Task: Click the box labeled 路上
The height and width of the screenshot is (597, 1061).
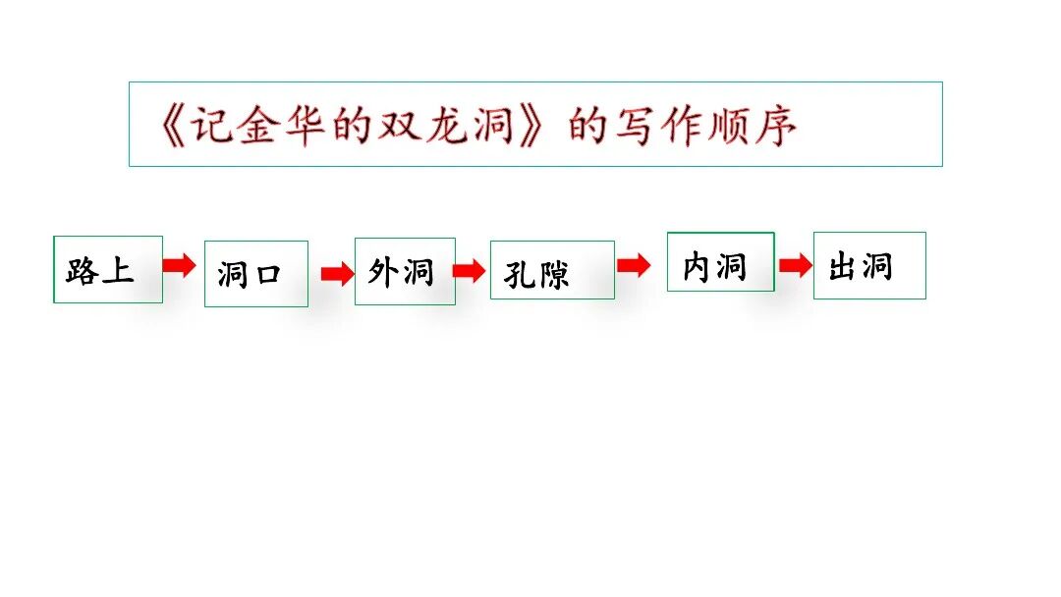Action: (x=108, y=269)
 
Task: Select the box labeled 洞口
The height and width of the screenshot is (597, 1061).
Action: (x=255, y=274)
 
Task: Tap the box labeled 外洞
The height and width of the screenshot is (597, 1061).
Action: (x=405, y=271)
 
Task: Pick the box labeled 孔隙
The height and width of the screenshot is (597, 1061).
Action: (x=552, y=270)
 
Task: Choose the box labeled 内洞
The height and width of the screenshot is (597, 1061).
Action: (x=720, y=262)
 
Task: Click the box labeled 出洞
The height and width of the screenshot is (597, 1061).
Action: (x=869, y=265)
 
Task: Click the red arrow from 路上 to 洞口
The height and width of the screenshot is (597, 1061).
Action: (x=180, y=265)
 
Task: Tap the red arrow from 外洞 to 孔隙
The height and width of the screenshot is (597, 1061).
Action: (x=469, y=271)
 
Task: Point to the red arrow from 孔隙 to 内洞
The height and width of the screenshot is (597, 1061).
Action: (x=634, y=264)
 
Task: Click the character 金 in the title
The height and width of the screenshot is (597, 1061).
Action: (x=256, y=126)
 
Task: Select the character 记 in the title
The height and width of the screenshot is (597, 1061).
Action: (x=209, y=126)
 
